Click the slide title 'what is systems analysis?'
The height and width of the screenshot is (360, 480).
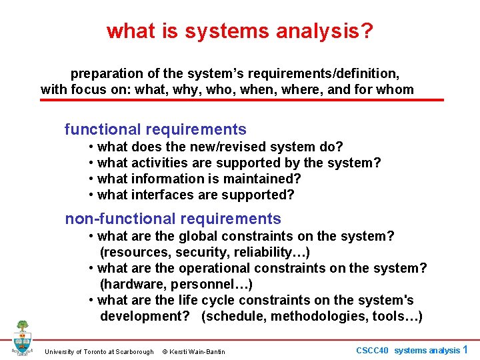[x=240, y=31]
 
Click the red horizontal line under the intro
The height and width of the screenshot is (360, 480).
[x=242, y=100]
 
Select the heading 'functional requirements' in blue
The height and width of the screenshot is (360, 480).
[x=155, y=129]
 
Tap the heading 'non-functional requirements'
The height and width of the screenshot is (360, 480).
[x=173, y=219]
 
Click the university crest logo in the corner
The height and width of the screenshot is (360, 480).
[x=22, y=337]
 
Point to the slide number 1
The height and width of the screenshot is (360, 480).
[x=465, y=349]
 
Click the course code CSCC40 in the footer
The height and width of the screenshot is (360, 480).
[x=373, y=351]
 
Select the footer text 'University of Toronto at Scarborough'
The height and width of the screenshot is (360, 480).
[x=99, y=351]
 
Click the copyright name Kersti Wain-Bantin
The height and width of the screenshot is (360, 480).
[x=198, y=351]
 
